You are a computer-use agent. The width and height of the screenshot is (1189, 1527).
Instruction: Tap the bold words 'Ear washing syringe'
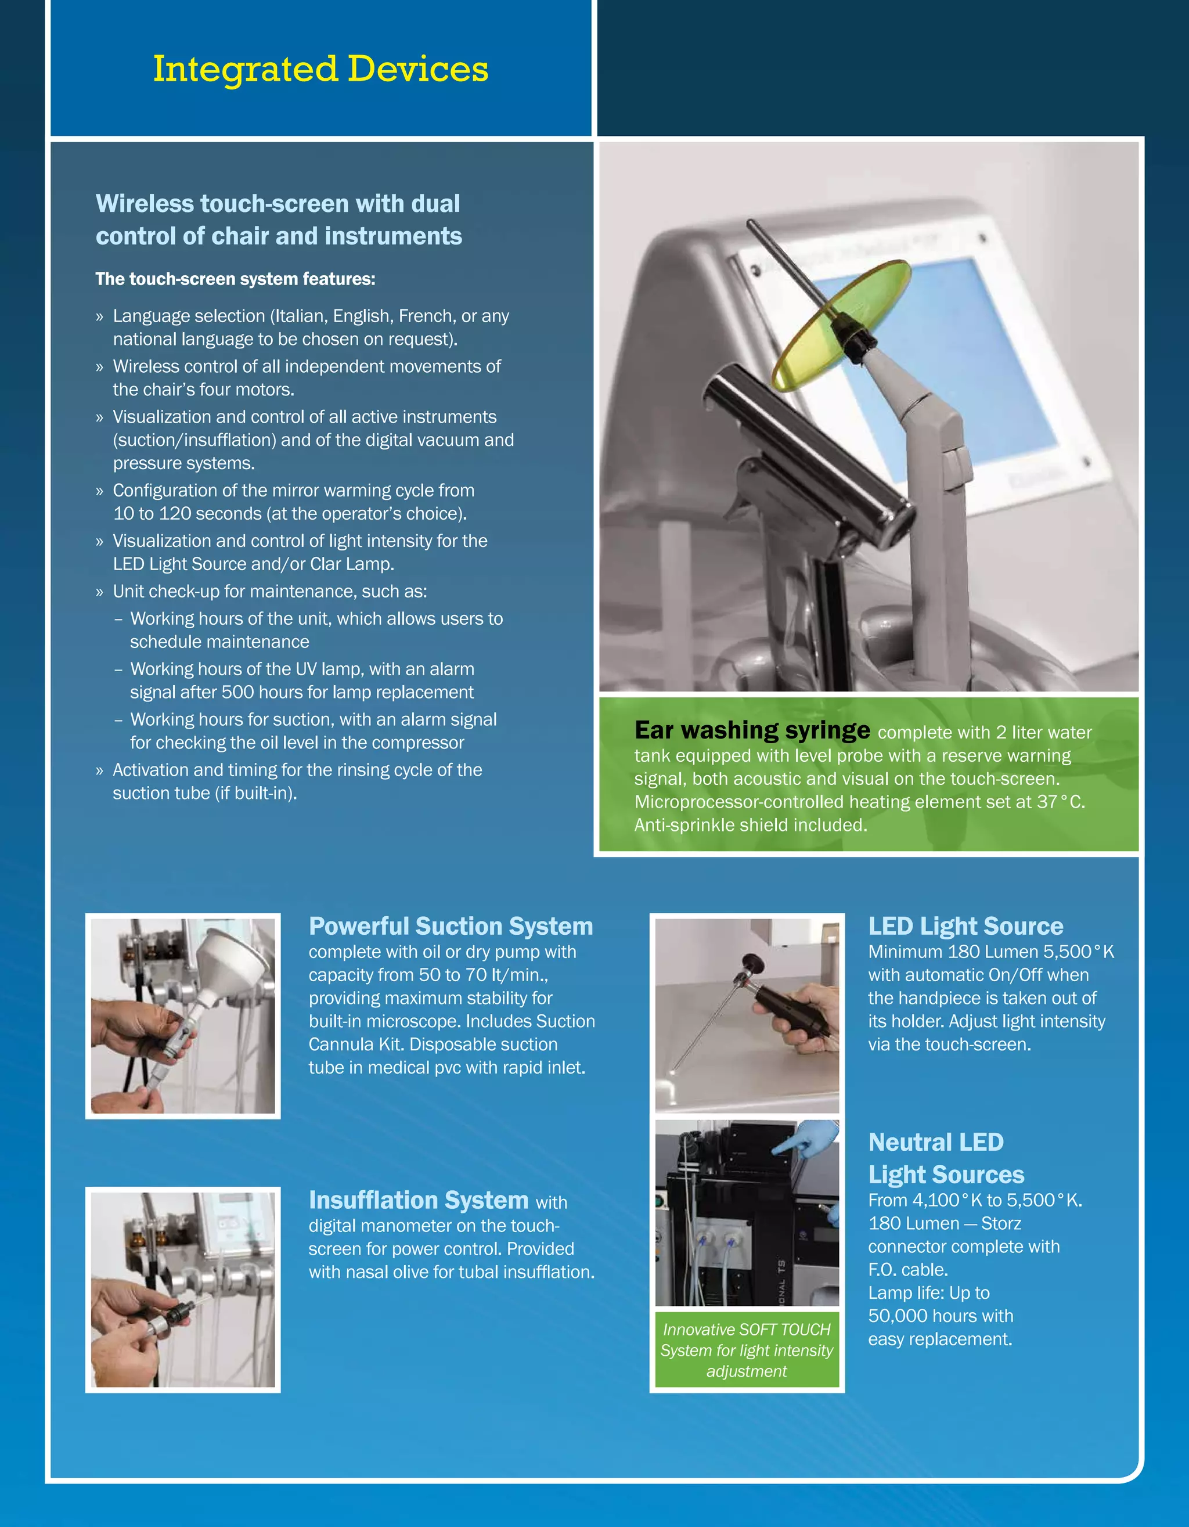(x=752, y=730)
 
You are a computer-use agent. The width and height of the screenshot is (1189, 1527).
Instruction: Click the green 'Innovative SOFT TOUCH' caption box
(x=747, y=1350)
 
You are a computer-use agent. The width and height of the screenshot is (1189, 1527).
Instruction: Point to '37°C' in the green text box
(x=1060, y=802)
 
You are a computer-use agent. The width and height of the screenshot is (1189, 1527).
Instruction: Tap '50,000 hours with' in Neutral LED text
(x=940, y=1316)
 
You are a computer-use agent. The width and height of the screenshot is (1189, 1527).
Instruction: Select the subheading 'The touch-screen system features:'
(x=235, y=279)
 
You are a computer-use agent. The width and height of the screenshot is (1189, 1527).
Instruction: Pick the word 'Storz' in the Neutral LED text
(x=1001, y=1223)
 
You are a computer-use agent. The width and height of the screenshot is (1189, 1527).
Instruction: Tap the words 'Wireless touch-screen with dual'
(x=278, y=203)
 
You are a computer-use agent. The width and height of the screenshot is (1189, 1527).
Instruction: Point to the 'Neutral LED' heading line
(x=935, y=1141)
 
